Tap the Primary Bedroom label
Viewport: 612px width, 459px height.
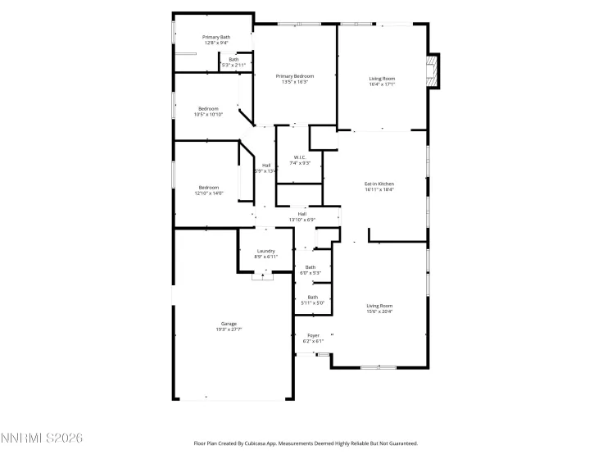(x=295, y=76)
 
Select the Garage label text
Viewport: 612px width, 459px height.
(x=229, y=324)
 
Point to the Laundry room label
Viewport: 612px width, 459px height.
(x=265, y=251)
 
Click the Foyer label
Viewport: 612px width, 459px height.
(x=313, y=335)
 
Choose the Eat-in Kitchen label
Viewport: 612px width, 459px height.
(x=379, y=184)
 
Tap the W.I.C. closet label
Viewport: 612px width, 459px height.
(x=301, y=157)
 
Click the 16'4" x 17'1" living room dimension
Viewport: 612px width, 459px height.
(x=382, y=84)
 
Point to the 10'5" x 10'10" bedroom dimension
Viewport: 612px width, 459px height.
(x=208, y=115)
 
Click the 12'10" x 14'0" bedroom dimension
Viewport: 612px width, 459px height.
(x=208, y=193)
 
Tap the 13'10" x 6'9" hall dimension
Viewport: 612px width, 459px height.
(x=302, y=220)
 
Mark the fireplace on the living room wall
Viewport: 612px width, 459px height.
(x=433, y=70)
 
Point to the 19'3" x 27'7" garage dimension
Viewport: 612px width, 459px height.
(x=229, y=329)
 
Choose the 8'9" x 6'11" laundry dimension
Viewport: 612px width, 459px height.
(x=265, y=257)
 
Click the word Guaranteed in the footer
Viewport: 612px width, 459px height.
(x=400, y=443)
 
